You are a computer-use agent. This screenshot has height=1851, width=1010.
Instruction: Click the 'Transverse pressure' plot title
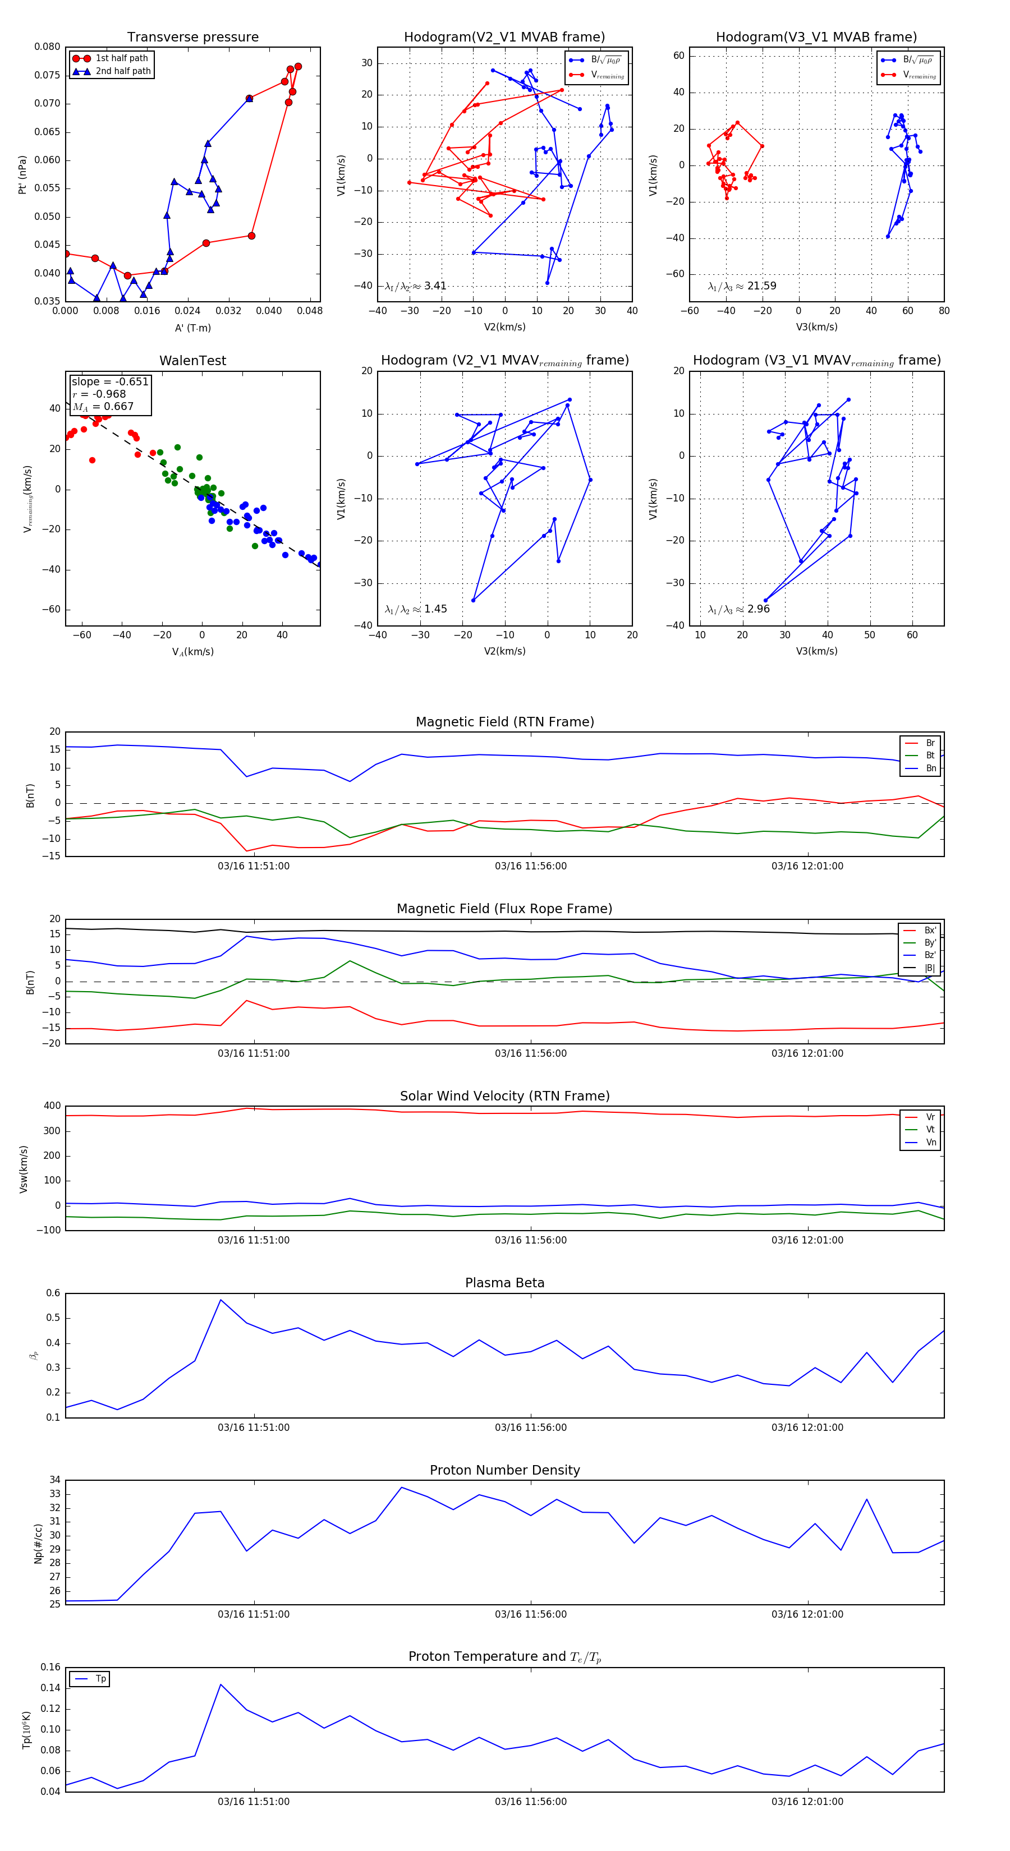[x=192, y=38]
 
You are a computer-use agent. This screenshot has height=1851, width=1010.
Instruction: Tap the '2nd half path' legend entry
[x=123, y=71]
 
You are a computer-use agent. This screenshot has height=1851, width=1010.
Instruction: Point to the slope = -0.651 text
[x=110, y=381]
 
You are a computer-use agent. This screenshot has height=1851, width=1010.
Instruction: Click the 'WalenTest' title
[x=192, y=361]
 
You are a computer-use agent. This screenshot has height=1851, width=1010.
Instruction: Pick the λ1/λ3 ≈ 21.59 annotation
[x=742, y=286]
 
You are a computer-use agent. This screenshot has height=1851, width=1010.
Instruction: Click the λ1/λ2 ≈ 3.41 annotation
[x=415, y=286]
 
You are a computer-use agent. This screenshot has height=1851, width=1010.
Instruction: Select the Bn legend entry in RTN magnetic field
[x=930, y=768]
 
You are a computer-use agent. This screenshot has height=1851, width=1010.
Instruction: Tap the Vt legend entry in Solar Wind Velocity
[x=930, y=1130]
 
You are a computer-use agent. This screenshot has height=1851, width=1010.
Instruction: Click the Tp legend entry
[x=100, y=1679]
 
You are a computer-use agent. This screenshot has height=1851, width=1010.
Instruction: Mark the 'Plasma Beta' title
[x=504, y=1283]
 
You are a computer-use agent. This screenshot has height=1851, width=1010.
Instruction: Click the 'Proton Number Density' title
[x=504, y=1470]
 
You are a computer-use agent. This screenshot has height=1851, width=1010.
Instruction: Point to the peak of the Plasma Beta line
[x=221, y=1299]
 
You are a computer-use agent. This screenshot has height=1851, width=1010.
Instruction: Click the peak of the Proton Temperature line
[x=221, y=1684]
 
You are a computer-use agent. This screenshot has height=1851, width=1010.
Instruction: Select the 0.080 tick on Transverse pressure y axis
[x=48, y=47]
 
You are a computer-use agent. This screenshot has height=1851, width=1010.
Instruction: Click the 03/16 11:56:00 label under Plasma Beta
[x=530, y=1427]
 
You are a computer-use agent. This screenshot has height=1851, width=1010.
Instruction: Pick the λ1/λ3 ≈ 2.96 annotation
[x=738, y=609]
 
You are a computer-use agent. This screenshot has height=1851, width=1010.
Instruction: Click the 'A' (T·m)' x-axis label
[x=192, y=328]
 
